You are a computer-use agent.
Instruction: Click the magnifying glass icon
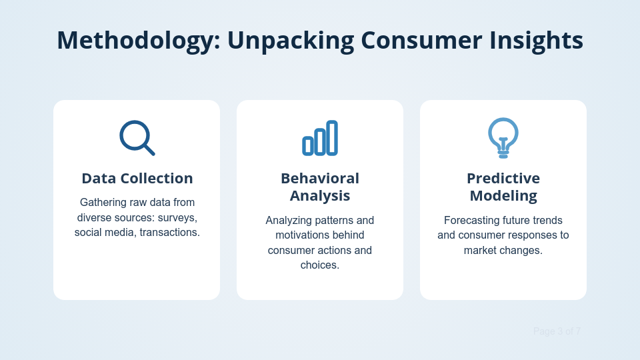point(137,137)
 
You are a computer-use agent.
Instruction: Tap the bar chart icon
point(320,138)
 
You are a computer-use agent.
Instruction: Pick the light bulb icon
point(503,137)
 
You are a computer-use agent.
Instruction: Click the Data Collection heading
point(137,179)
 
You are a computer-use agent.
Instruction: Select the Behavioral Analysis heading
point(320,187)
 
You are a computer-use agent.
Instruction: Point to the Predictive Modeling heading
point(503,187)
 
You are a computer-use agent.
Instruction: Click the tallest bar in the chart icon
point(332,137)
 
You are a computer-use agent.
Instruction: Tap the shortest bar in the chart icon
point(307,145)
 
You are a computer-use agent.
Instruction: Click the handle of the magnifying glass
point(149,150)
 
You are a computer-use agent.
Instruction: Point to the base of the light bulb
point(503,154)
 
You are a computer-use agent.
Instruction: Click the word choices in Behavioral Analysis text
point(320,265)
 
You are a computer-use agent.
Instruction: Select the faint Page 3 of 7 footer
point(557,331)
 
